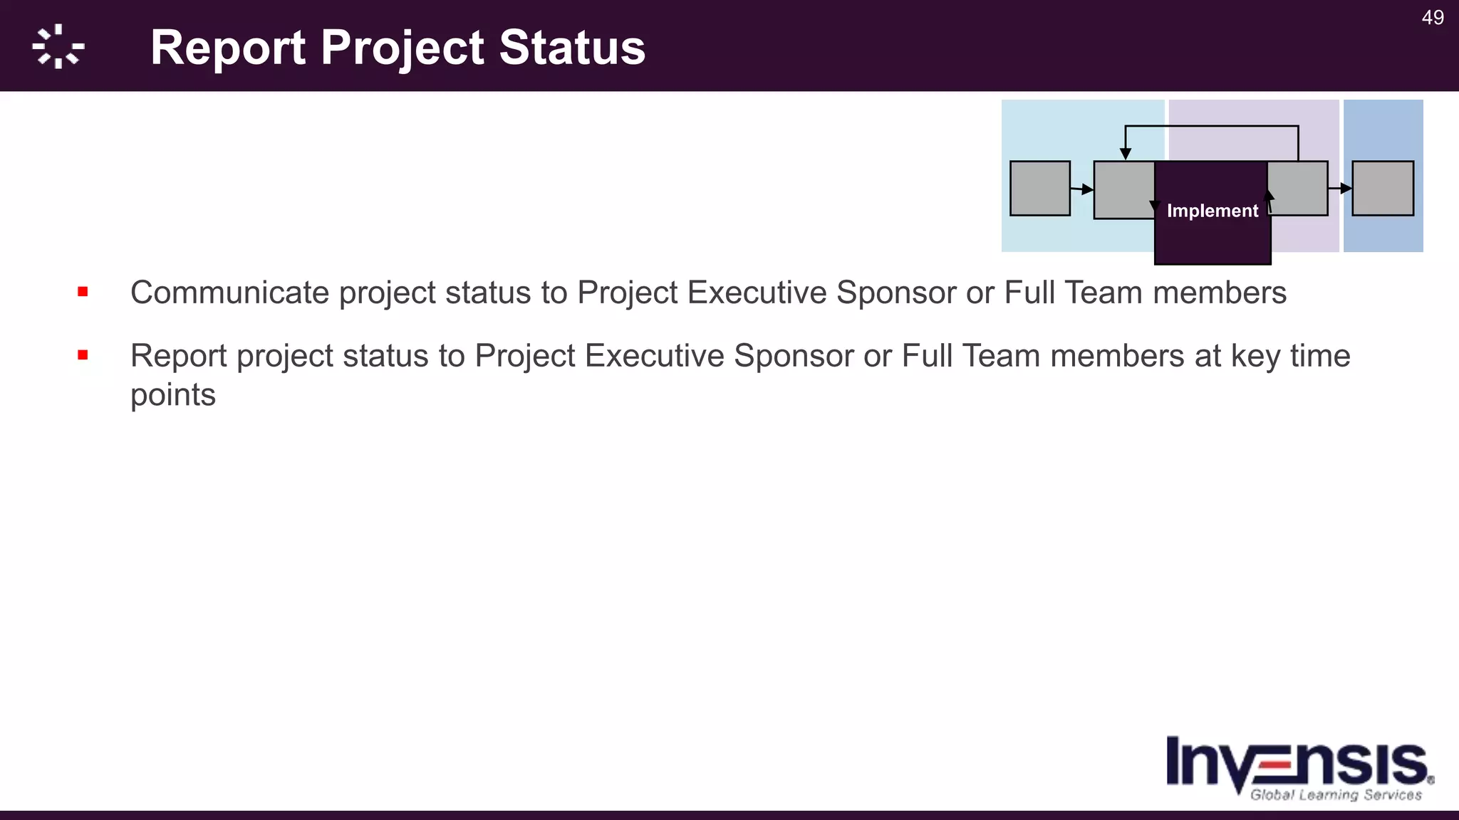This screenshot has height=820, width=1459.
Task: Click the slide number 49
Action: tap(1433, 18)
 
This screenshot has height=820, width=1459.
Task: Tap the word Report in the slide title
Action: tap(228, 48)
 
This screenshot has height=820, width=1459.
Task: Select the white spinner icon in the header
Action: tap(58, 47)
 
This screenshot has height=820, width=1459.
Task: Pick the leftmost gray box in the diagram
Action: tap(1039, 189)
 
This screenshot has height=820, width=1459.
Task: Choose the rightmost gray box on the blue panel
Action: tap(1382, 189)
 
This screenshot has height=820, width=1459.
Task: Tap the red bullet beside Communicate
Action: tap(83, 292)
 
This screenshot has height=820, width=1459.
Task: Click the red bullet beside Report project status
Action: tap(83, 354)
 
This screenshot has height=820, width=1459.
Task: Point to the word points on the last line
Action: tap(173, 395)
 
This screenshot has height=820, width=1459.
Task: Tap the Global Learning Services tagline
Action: tap(1336, 794)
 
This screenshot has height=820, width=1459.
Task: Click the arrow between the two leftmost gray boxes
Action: tap(1082, 189)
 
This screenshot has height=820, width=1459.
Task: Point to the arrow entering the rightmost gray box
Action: tap(1340, 189)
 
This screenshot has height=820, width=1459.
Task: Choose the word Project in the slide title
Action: tap(403, 48)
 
